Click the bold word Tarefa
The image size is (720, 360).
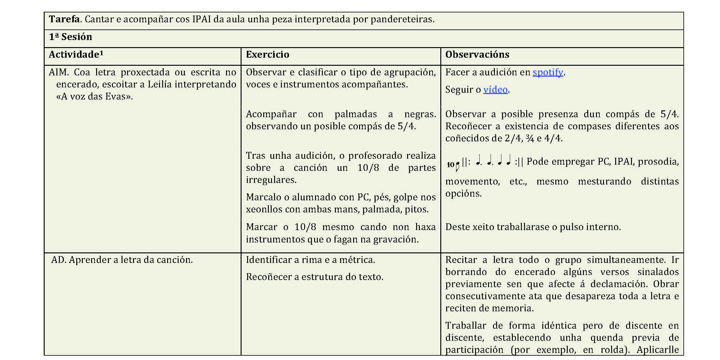tap(64, 19)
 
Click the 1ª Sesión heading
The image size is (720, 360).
tap(70, 37)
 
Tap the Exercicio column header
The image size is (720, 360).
tap(267, 55)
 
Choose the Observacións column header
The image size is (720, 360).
tap(477, 55)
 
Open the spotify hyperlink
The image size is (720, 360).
tap(548, 72)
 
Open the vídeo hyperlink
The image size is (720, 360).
tap(496, 90)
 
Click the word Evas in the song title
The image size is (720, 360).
tap(114, 96)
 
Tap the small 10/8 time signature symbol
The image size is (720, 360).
tap(453, 165)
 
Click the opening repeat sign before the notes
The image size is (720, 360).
tap(466, 162)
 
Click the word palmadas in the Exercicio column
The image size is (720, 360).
tap(355, 114)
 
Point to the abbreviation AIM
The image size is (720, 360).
tap(58, 72)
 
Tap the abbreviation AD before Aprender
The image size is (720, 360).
tap(58, 260)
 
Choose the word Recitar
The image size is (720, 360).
tap(461, 260)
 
